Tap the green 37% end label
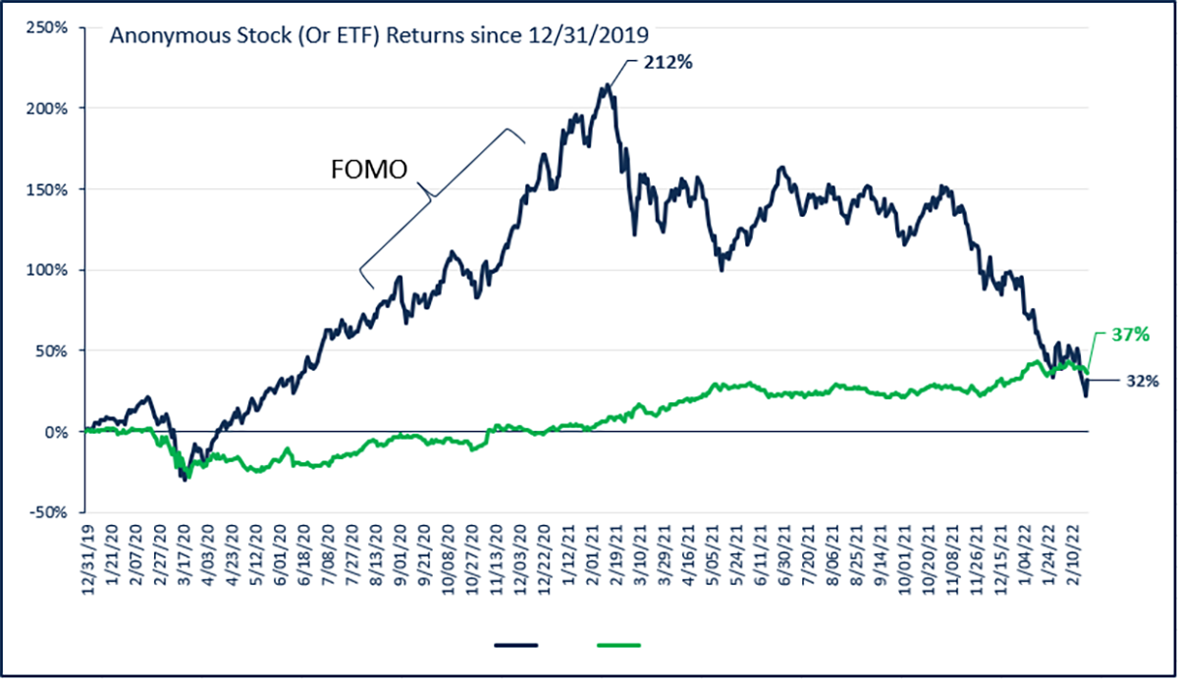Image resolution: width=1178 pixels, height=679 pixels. (1129, 335)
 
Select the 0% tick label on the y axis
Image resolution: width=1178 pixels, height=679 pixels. (55, 432)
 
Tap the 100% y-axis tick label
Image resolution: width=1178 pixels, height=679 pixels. (48, 270)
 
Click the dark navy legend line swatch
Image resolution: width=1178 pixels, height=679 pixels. (516, 645)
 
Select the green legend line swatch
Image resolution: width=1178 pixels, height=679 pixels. (618, 645)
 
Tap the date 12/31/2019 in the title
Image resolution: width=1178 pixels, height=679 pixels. (598, 36)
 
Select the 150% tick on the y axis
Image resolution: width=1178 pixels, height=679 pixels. (48, 188)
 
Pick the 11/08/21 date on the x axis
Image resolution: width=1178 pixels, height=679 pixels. (952, 551)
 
